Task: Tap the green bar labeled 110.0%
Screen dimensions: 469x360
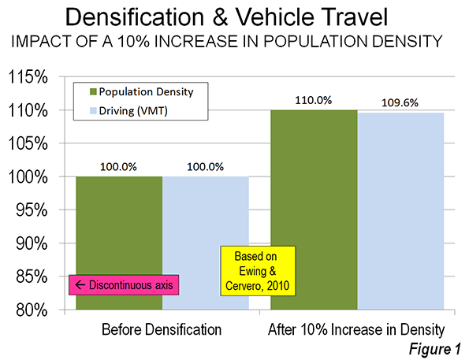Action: tap(314, 210)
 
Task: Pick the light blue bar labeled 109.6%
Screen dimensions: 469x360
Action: tap(400, 211)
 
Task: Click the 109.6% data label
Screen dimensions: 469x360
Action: tap(400, 103)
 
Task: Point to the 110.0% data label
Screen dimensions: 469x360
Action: tap(314, 101)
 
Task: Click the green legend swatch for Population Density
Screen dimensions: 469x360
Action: tap(93, 92)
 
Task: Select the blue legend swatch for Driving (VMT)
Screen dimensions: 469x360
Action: tap(93, 111)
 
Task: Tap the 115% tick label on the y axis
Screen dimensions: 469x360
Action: tap(28, 77)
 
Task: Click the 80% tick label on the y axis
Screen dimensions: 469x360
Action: tap(32, 310)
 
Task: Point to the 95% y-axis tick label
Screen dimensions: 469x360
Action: tap(32, 210)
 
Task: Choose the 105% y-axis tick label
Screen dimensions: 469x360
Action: tap(28, 143)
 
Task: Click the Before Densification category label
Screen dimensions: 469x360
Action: tap(162, 329)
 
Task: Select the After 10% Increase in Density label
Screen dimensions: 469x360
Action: tap(356, 330)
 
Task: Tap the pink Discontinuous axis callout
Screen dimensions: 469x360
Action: tap(124, 285)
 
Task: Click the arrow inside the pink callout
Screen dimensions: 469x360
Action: tap(80, 285)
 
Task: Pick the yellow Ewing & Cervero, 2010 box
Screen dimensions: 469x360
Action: tap(258, 271)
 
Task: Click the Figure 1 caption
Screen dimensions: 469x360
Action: tap(435, 349)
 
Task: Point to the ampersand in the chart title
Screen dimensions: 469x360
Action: tap(221, 17)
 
